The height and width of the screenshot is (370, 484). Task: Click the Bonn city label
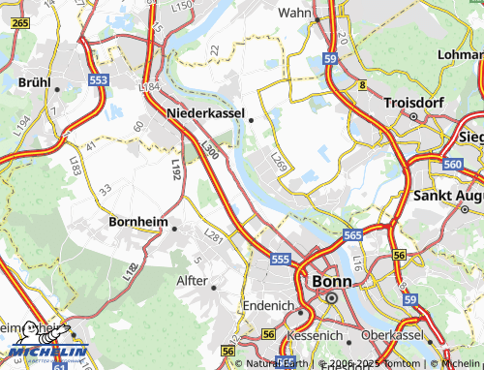click(x=331, y=281)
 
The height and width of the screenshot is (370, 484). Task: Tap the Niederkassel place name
click(x=206, y=113)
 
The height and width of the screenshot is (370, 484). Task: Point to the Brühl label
click(x=35, y=82)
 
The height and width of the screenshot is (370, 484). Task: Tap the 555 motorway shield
click(x=281, y=260)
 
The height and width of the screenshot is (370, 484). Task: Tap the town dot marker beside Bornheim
click(x=174, y=230)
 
